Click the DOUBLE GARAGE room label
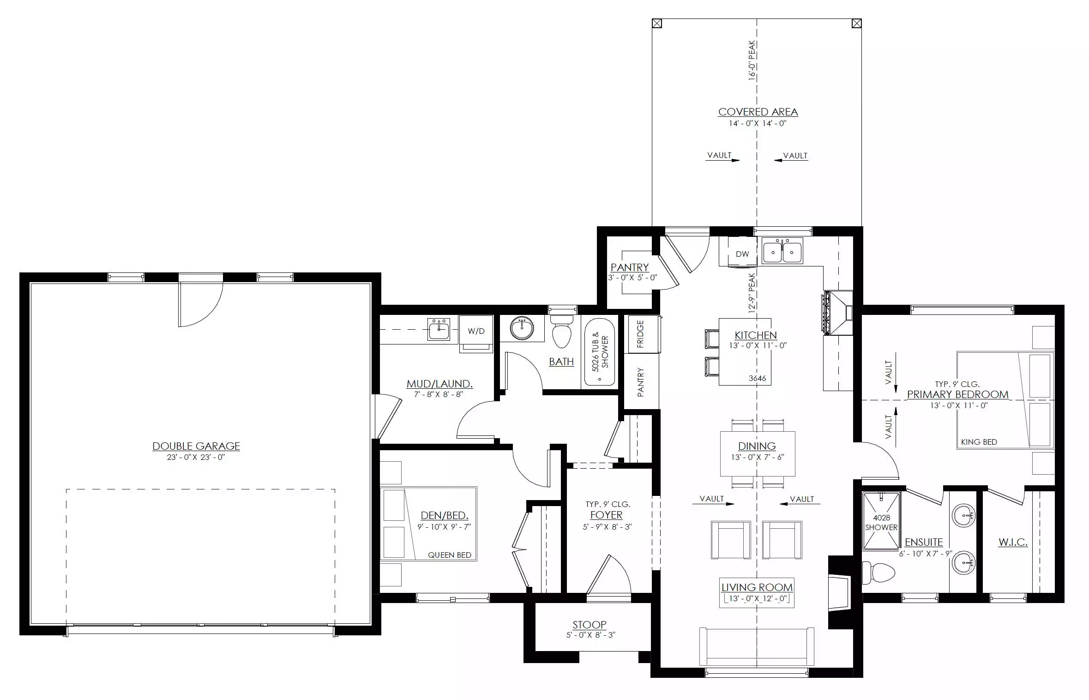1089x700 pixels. point(196,446)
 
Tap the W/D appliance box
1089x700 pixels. point(476,334)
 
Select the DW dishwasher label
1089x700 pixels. point(742,254)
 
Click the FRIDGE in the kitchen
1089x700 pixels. point(641,334)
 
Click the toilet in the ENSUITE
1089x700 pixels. point(878,573)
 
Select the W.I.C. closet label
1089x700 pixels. point(1013,542)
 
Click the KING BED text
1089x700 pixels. point(979,442)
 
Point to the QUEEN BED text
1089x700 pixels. point(450,555)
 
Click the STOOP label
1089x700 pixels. point(590,625)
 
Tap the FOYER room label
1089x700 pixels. point(606,515)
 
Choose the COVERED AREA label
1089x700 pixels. point(758,112)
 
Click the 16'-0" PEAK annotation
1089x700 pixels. point(752,60)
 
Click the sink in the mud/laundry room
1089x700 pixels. point(439,329)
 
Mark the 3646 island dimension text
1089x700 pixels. point(757,378)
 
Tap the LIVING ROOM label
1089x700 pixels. point(757,587)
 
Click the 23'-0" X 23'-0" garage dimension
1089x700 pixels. point(196,458)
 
